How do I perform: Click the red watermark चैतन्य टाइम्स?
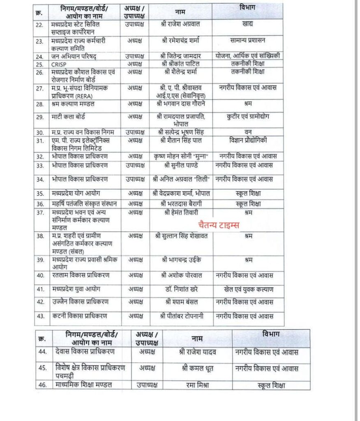pyautogui.click(x=218, y=225)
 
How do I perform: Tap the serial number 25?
pyautogui.click(x=40, y=64)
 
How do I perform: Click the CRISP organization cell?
pyautogui.click(x=59, y=64)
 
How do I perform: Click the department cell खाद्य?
pyautogui.click(x=247, y=24)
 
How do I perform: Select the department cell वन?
pyautogui.click(x=247, y=132)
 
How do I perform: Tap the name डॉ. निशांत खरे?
pyautogui.click(x=181, y=289)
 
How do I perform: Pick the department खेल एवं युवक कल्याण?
pyautogui.click(x=247, y=289)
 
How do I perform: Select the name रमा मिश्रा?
pyautogui.click(x=197, y=385)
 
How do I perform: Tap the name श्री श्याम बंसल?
pyautogui.click(x=181, y=301)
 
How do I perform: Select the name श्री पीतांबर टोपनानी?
pyautogui.click(x=181, y=316)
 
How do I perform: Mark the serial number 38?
pyautogui.click(x=40, y=236)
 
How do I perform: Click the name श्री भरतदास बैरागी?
pyautogui.click(x=181, y=204)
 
